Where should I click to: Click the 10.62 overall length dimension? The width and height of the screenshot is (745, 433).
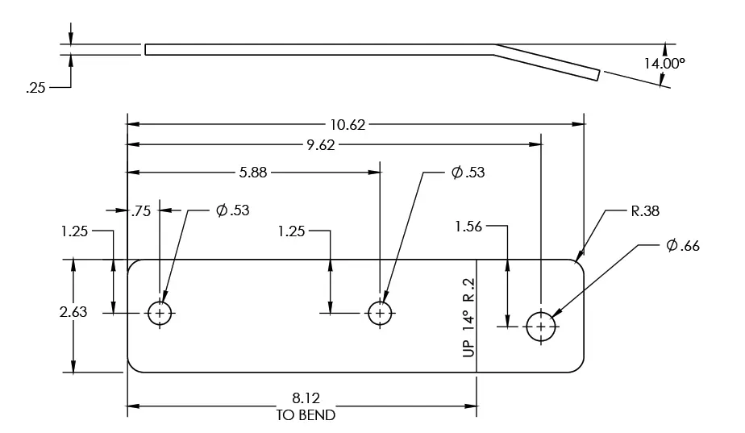point(348,124)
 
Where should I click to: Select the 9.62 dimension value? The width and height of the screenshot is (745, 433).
point(320,145)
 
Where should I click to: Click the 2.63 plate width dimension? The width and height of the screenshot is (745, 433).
point(74,312)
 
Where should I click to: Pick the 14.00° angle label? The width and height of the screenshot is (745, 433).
point(664,62)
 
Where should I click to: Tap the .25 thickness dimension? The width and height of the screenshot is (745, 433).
point(35,89)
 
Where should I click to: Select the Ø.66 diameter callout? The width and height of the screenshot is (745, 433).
point(683,246)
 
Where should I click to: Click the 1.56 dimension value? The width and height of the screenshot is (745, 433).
point(468,227)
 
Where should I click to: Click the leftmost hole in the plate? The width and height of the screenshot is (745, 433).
point(160,313)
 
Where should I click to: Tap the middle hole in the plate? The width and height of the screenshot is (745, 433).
point(380,313)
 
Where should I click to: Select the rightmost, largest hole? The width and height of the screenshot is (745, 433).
point(540,327)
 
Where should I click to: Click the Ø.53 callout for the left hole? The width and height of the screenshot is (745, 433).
point(232,210)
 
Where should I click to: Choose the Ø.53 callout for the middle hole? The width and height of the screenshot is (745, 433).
point(468,172)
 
